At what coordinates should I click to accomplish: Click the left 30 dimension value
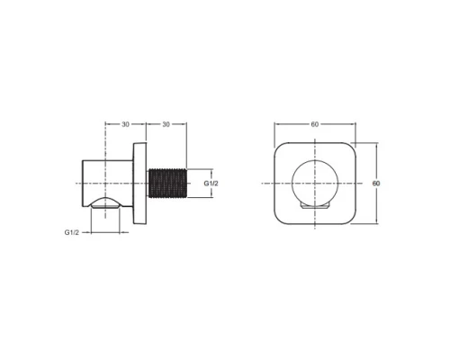125,124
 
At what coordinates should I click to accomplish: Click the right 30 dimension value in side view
166,124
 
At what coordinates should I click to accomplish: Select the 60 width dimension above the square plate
314,124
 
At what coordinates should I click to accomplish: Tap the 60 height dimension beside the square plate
376,184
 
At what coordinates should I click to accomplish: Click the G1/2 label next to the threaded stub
211,184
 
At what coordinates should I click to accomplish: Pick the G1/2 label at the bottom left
72,232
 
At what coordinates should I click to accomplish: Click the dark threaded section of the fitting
167,184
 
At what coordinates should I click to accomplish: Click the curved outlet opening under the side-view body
105,202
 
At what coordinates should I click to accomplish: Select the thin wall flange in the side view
139,184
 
